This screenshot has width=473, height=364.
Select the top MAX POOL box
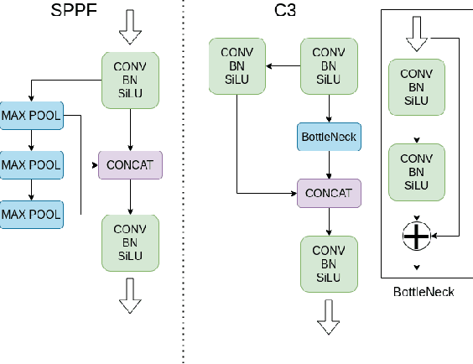pyautogui.click(x=31, y=115)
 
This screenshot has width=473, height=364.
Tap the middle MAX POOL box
pyautogui.click(x=31, y=164)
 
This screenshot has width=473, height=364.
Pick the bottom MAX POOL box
pyautogui.click(x=31, y=215)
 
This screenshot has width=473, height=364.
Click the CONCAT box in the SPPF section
pyautogui.click(x=130, y=164)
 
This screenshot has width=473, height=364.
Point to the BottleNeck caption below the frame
pyautogui.click(x=424, y=292)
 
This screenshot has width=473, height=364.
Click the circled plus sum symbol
pyautogui.click(x=416, y=237)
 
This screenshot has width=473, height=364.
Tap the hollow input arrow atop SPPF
pyautogui.click(x=130, y=27)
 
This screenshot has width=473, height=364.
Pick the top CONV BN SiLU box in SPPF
pyautogui.click(x=130, y=80)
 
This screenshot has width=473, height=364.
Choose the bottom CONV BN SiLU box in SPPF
pyautogui.click(x=130, y=242)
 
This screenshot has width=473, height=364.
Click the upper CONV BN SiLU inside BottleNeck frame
pyautogui.click(x=416, y=88)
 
